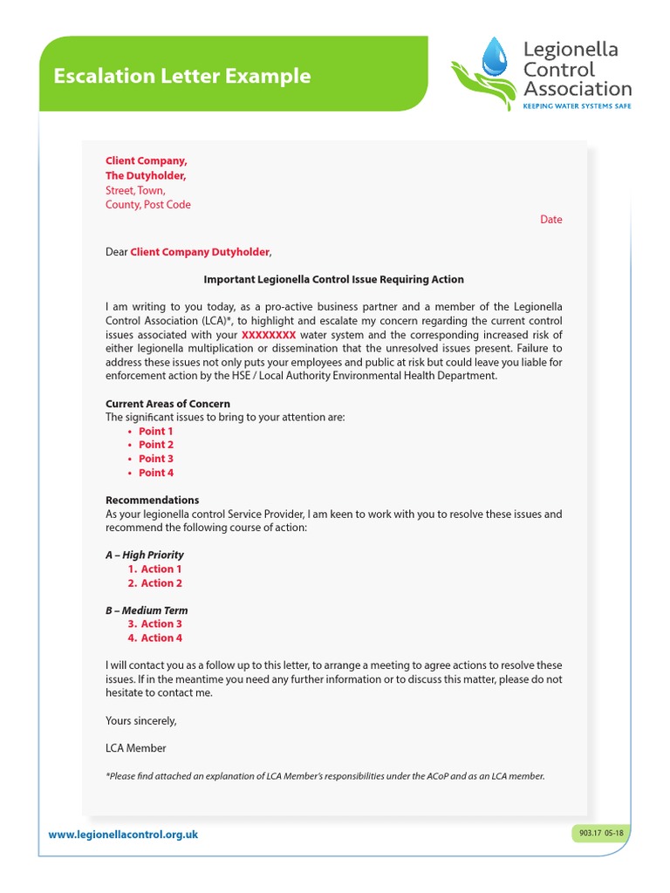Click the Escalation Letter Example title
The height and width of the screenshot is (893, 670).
(x=181, y=76)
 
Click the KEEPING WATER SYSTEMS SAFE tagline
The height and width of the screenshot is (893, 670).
(x=576, y=106)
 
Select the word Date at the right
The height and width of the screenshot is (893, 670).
(x=550, y=220)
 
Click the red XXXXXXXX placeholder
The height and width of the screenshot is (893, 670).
(x=269, y=335)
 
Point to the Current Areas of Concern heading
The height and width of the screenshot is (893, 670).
(x=167, y=404)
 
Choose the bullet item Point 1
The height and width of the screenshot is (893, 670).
(x=155, y=431)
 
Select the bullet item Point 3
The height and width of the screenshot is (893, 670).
(x=155, y=459)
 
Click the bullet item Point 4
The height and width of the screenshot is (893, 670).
(x=155, y=473)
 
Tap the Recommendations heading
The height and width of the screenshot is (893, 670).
(x=152, y=501)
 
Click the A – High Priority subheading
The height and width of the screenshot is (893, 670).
(x=144, y=555)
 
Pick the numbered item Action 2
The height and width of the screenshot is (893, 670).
(x=161, y=583)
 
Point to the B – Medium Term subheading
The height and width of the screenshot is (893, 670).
(x=147, y=610)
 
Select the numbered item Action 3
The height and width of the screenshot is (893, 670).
(x=161, y=624)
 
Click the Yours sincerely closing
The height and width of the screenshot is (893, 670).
(x=140, y=720)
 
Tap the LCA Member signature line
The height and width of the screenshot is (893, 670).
(x=135, y=748)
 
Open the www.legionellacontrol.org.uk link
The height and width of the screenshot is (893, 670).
(x=123, y=835)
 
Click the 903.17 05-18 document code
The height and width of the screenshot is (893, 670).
(x=601, y=834)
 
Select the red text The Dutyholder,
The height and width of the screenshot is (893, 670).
(x=146, y=176)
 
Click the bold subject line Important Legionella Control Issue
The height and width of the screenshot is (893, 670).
(x=333, y=280)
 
